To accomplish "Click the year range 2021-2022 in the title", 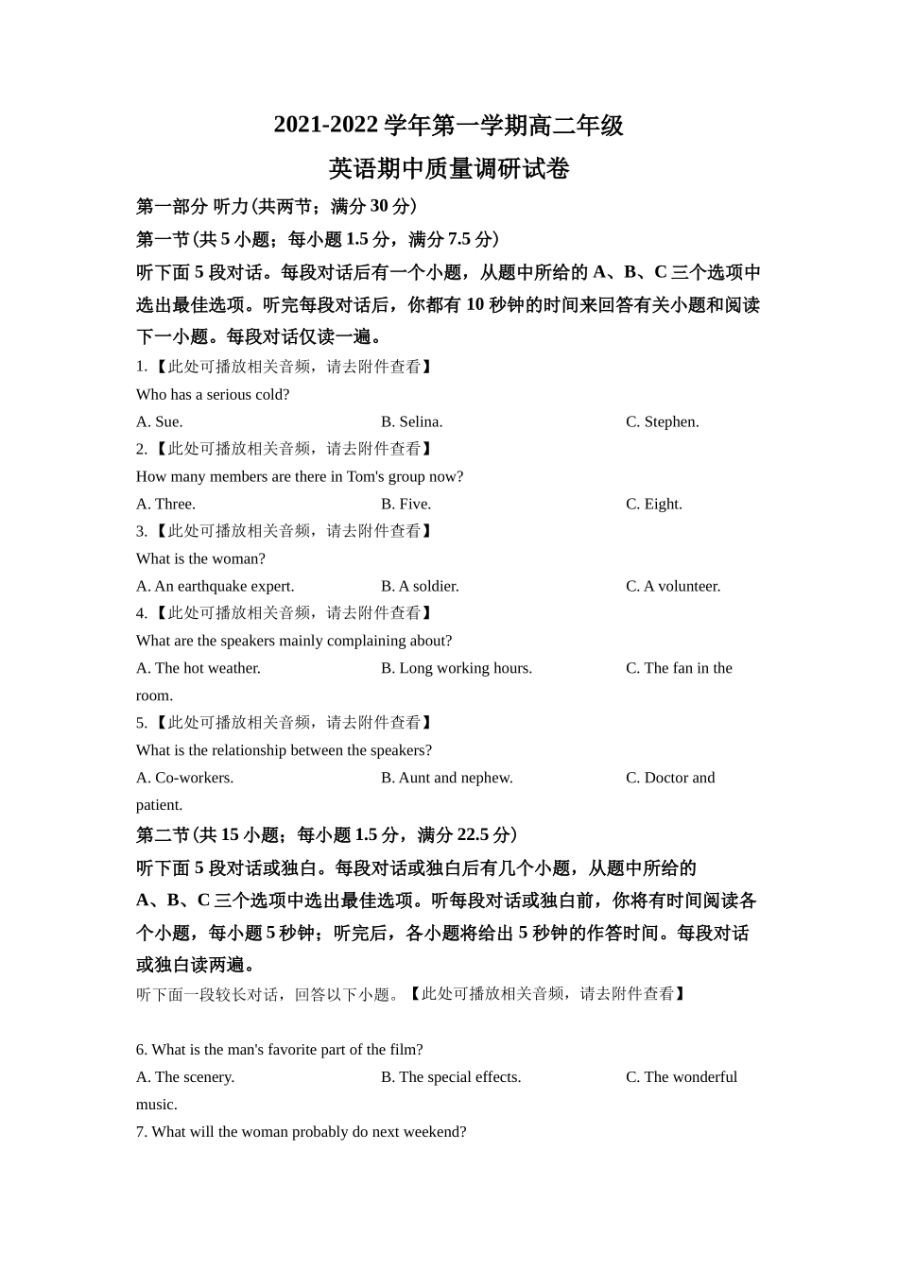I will [325, 126].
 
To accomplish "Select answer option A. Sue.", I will [160, 421].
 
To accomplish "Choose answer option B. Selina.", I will [411, 421].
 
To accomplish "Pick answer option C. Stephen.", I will [662, 421].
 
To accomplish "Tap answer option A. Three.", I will [165, 504].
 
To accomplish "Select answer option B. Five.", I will [406, 504].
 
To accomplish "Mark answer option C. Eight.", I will [653, 504].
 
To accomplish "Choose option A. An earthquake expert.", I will [215, 586].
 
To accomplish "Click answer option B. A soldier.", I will [420, 586].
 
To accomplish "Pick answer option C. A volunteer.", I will [673, 586].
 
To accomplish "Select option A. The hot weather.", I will [199, 668].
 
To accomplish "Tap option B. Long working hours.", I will [457, 668].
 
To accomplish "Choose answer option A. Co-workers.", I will [184, 778].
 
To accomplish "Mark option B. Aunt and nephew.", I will [447, 778].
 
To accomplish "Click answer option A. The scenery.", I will [185, 1076].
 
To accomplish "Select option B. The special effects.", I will [451, 1076].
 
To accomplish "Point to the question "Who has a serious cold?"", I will [213, 394].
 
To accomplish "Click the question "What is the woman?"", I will [200, 558].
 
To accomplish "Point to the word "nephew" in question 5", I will [487, 778].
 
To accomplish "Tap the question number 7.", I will [141, 1131].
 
